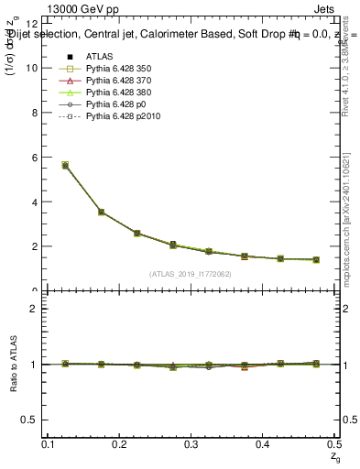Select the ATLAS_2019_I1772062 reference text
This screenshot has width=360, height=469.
pyautogui.click(x=190, y=273)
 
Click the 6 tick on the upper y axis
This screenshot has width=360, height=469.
pyautogui.click(x=35, y=158)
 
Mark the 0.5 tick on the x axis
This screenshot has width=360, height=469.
pyautogui.click(x=334, y=443)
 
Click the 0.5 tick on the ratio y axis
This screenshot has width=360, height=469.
pyautogui.click(x=32, y=420)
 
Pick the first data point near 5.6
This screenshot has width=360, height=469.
pyautogui.click(x=65, y=165)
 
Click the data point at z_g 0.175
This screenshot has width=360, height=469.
pyautogui.click(x=101, y=212)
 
